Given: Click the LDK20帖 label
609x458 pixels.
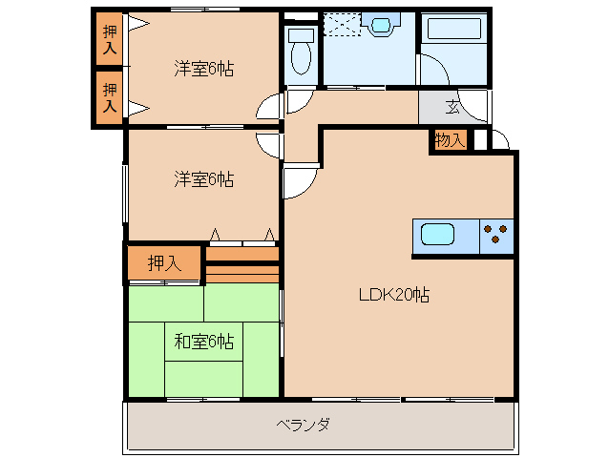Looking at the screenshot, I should [393, 295].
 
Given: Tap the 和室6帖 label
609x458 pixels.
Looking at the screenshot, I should [203, 341].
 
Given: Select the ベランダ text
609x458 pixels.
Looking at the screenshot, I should [303, 425].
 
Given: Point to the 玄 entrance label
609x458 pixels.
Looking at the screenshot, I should [451, 107].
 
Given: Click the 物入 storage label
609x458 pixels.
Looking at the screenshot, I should [449, 140].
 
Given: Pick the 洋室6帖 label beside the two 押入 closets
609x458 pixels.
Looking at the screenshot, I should [203, 69].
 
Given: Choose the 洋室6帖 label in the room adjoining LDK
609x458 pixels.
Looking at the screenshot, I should [203, 178].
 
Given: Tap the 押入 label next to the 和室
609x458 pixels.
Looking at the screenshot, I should [164, 262].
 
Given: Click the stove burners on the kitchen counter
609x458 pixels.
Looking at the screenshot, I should [496, 234].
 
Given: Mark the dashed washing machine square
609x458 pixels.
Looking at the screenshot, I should [341, 25].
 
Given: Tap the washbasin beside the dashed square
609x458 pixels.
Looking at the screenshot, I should [386, 25].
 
